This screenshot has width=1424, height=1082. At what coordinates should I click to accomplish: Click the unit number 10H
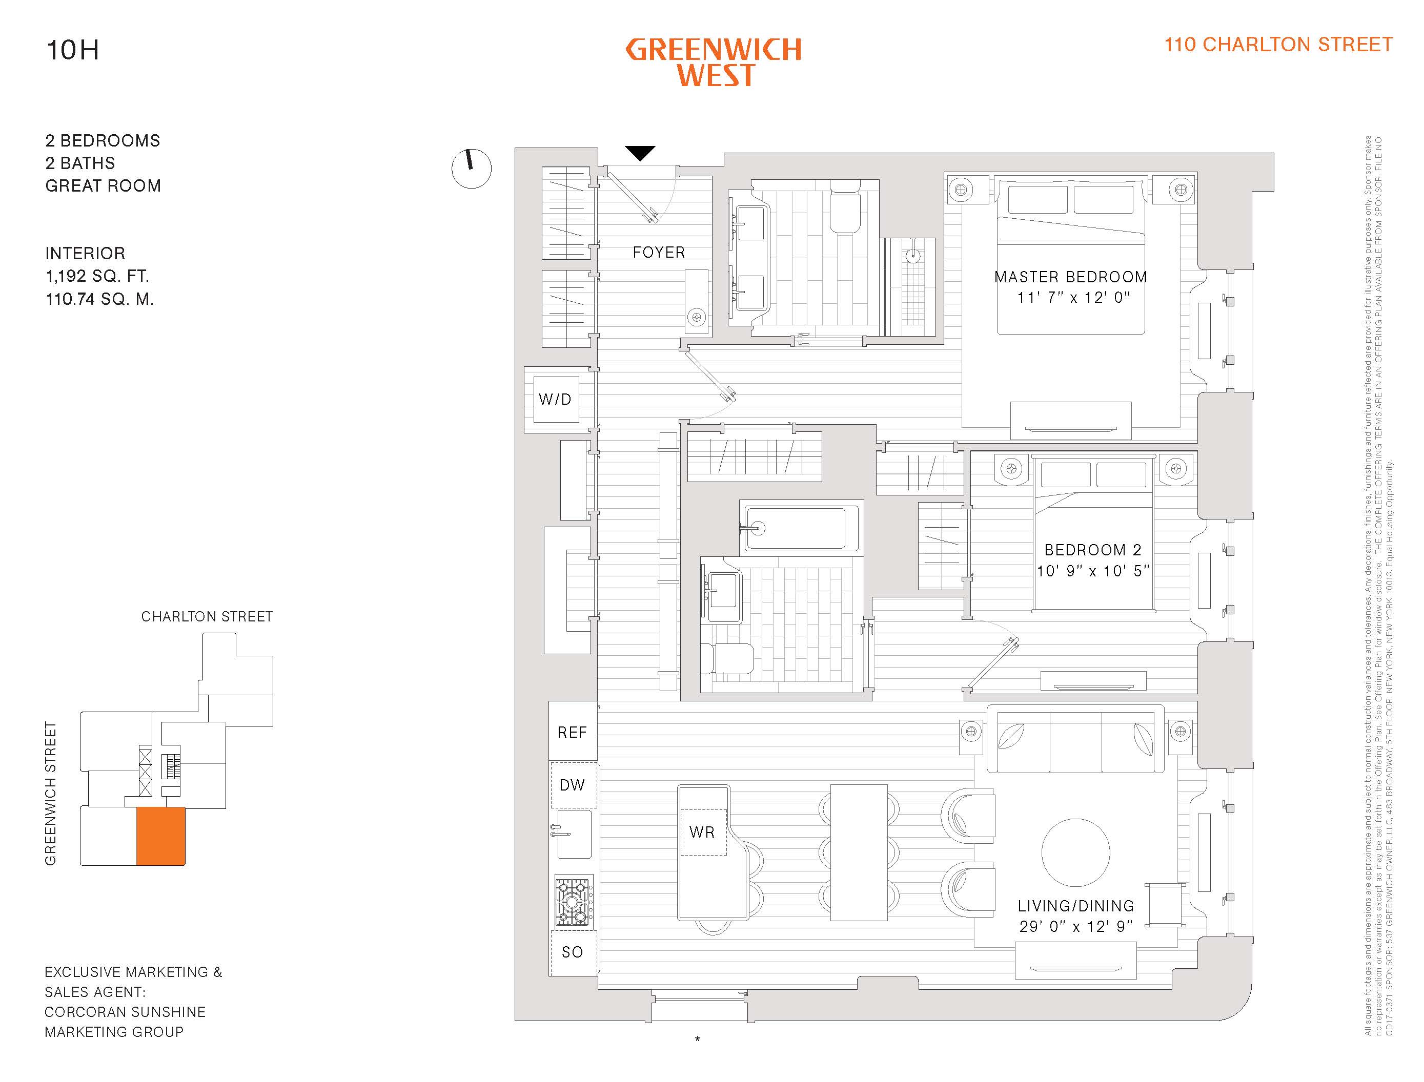point(72,50)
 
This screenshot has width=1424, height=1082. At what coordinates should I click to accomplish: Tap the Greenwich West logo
point(714,63)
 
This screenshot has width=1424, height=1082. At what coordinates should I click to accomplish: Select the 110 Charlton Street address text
point(1278,45)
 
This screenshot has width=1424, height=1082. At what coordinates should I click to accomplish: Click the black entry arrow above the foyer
point(640,153)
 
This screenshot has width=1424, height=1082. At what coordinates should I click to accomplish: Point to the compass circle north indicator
point(471,169)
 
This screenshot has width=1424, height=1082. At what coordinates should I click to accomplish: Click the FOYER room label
point(659,253)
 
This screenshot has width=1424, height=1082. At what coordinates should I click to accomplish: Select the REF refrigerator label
point(572,732)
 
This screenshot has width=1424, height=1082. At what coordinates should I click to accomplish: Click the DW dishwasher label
point(572,785)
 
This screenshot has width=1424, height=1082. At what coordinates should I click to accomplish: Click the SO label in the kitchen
point(572,952)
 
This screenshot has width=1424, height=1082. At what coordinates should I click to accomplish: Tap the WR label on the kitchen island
point(702,832)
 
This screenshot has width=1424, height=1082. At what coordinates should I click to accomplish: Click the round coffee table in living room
point(1075,852)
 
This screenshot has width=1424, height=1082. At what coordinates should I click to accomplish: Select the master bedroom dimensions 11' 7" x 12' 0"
point(1073,298)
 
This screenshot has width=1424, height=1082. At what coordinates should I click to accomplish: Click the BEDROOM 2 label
point(1093,550)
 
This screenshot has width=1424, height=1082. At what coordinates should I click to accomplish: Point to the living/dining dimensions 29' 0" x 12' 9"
point(1075,926)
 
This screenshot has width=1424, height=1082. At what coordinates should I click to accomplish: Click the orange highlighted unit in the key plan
point(160,836)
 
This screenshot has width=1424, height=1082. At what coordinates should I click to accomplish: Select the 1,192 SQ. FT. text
point(97,276)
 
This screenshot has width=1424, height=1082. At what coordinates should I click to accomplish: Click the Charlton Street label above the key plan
point(207,616)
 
